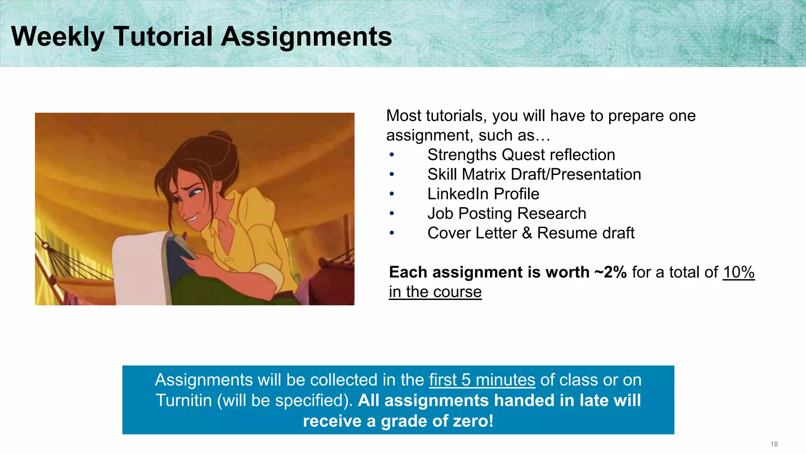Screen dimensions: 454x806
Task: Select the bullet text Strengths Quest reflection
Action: click(521, 155)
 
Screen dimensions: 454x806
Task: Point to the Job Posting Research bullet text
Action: click(507, 214)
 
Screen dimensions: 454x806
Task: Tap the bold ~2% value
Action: click(610, 272)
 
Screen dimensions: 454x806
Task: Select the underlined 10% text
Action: click(738, 272)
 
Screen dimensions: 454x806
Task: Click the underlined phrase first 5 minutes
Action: click(482, 380)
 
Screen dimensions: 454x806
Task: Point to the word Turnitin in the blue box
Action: click(184, 400)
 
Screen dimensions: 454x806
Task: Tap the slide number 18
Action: click(774, 444)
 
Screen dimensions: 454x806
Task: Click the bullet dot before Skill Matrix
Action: click(392, 174)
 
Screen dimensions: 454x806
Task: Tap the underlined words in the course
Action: click(435, 292)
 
